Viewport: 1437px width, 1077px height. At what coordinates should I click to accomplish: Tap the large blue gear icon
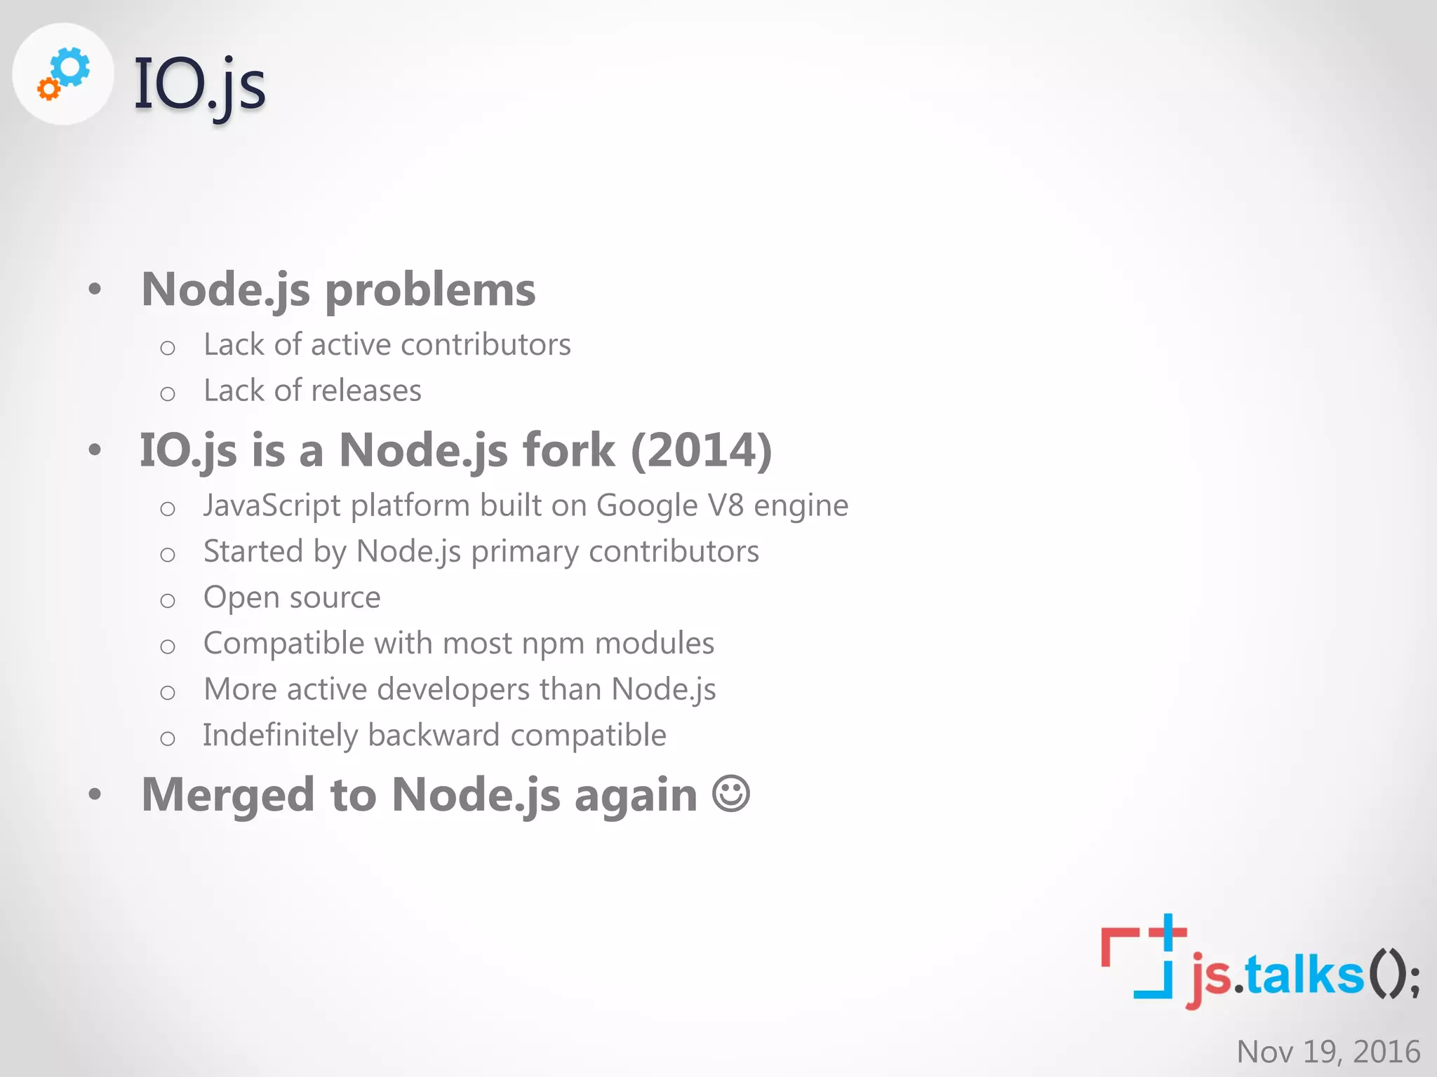[x=72, y=67]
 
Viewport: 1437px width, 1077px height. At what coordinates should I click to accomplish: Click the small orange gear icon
[x=48, y=89]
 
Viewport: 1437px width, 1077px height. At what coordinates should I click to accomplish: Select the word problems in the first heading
[x=430, y=290]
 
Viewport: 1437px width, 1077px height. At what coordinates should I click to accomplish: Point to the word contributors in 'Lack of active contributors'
[x=486, y=345]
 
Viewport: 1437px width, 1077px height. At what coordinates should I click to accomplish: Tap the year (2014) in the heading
[x=701, y=450]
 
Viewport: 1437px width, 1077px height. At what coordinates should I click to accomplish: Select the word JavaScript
[x=272, y=506]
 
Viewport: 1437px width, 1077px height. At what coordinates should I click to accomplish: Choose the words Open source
[x=292, y=597]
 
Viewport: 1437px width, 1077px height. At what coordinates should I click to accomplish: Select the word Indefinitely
[x=280, y=736]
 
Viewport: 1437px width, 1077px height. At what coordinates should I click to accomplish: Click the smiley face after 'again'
[x=731, y=794]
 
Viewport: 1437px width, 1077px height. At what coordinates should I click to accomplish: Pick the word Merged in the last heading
[x=227, y=795]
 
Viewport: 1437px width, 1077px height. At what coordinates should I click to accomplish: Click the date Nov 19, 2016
[x=1328, y=1052]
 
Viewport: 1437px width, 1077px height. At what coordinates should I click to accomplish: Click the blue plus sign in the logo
[x=1168, y=933]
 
